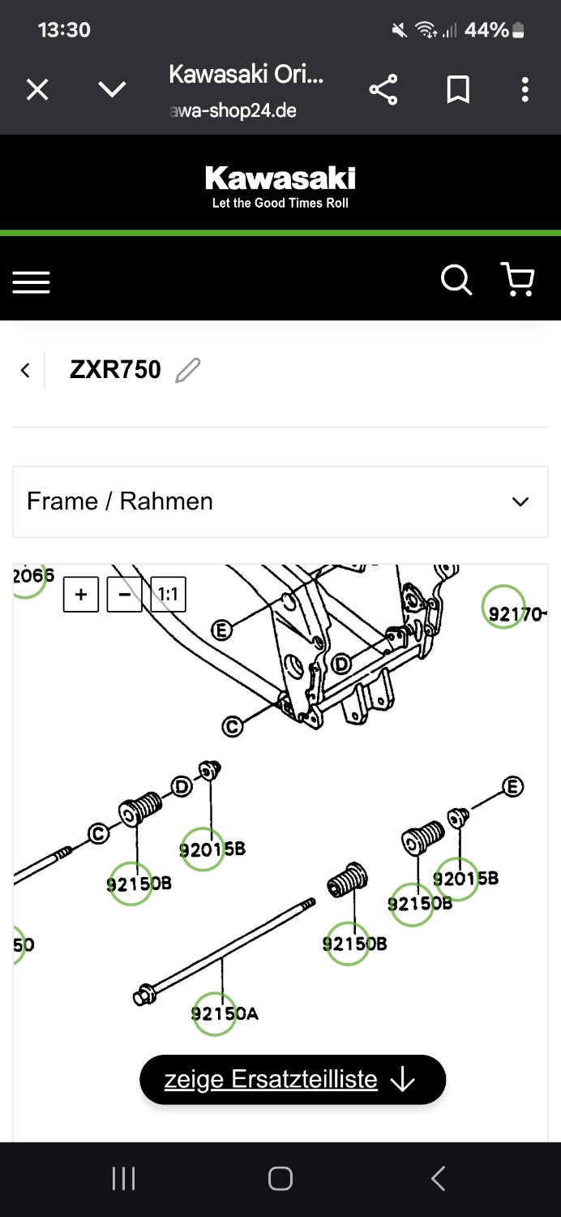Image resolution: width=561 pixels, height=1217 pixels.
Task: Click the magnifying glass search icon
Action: pos(456,280)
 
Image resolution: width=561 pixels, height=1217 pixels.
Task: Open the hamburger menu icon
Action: pos(31,282)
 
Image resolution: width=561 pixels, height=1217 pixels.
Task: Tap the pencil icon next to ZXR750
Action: pos(187,370)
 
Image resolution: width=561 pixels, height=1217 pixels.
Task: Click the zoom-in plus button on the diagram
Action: pos(81,595)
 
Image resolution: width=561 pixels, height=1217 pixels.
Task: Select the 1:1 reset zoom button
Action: pos(168,595)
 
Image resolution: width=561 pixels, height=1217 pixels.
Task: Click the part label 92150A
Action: pos(224,1013)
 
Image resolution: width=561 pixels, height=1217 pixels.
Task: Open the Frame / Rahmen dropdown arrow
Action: pos(520,501)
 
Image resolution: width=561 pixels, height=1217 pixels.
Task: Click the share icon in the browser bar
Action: pos(383,89)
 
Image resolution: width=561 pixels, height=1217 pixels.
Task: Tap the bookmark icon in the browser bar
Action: pos(458,89)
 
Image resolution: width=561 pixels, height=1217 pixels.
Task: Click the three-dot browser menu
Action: pos(525,89)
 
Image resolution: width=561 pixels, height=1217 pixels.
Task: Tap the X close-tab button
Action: pos(37,89)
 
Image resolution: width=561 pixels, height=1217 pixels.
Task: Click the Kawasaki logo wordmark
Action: pos(280,178)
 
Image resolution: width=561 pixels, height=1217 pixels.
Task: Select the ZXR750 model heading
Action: pos(115,370)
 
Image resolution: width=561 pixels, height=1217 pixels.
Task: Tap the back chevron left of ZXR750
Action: pos(25,370)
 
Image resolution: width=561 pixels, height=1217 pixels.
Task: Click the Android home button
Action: pos(280,1179)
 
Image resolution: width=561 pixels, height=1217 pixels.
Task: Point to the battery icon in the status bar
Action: pos(518,31)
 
